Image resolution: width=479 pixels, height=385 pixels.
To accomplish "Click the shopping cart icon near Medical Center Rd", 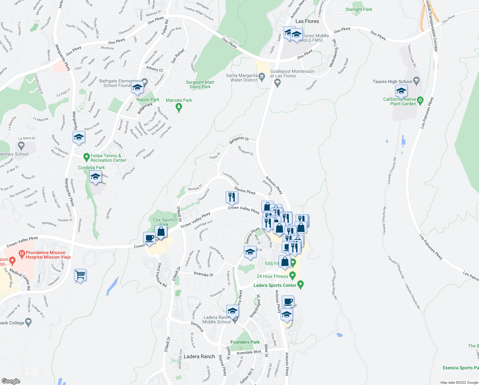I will click(80, 275).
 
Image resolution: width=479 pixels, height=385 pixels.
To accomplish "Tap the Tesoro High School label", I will click(392, 81).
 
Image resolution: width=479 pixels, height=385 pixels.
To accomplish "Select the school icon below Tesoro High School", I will click(401, 91).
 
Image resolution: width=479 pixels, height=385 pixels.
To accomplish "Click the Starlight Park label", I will click(359, 9).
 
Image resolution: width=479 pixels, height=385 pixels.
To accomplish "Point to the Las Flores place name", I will click(307, 21).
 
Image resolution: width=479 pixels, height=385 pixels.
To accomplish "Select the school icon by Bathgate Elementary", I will click(137, 87).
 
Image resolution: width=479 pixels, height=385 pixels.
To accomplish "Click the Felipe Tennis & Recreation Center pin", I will click(86, 157).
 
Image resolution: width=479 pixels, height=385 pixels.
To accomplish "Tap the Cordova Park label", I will click(91, 167).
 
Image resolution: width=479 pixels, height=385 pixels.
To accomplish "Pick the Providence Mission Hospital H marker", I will click(22, 254).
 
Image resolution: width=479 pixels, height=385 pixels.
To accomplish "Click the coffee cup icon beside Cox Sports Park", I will click(150, 238).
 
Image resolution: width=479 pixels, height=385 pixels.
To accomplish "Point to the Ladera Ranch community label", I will click(199, 356).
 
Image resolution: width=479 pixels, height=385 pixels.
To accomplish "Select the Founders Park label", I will click(245, 342).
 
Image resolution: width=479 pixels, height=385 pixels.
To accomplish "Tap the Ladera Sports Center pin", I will click(300, 284).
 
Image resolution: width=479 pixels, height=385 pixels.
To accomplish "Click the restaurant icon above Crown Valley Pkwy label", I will click(232, 197).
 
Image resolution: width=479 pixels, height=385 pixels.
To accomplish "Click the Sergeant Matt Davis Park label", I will click(200, 84).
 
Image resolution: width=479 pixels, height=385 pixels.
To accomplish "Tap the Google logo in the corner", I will click(11, 381).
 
